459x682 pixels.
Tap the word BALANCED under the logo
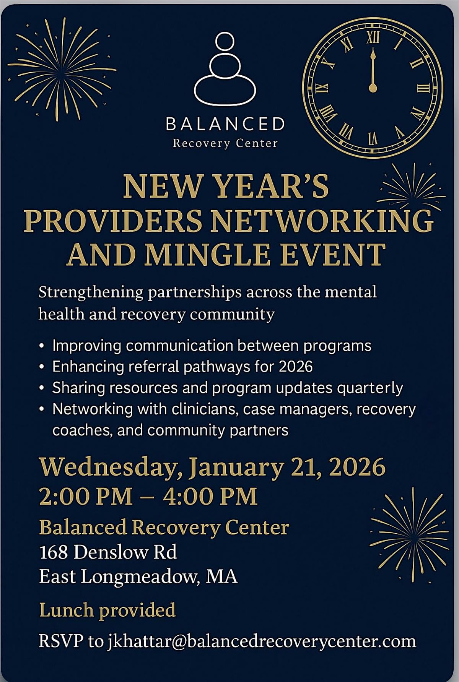(x=225, y=124)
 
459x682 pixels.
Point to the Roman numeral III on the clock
(x=423, y=88)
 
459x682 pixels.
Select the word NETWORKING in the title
(x=322, y=221)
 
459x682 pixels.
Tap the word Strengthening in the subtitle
(x=91, y=292)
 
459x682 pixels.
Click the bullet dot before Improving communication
(x=42, y=346)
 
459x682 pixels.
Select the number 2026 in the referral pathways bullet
(x=296, y=367)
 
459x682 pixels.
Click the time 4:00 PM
(x=210, y=497)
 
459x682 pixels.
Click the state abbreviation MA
(x=221, y=576)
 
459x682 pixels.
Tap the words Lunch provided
(x=107, y=610)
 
